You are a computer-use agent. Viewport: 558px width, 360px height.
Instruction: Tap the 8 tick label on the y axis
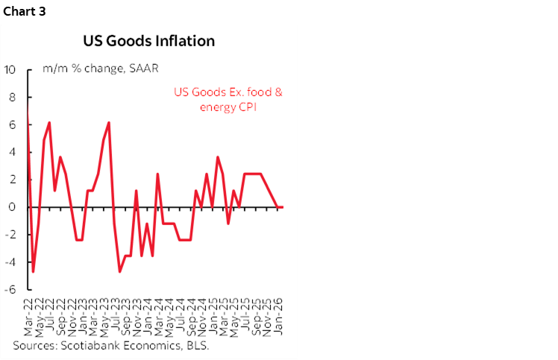(12, 98)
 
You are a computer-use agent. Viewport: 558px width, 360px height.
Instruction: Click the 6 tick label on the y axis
(12, 125)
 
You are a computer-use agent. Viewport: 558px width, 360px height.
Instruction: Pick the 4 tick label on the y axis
(12, 153)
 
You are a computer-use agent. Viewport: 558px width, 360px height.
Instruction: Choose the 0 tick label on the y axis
(12, 207)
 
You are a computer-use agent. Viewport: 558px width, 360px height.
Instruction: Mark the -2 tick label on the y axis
(10, 235)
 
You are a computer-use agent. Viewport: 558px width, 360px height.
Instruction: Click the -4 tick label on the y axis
(10, 262)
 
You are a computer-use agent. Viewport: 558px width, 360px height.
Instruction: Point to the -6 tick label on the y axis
(10, 290)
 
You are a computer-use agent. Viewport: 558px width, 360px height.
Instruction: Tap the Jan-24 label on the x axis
(149, 317)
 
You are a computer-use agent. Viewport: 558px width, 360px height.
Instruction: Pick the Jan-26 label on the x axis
(279, 317)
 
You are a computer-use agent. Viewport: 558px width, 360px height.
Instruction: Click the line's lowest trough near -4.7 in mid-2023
(120, 271)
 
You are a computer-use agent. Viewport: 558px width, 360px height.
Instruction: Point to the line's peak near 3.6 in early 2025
(217, 157)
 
